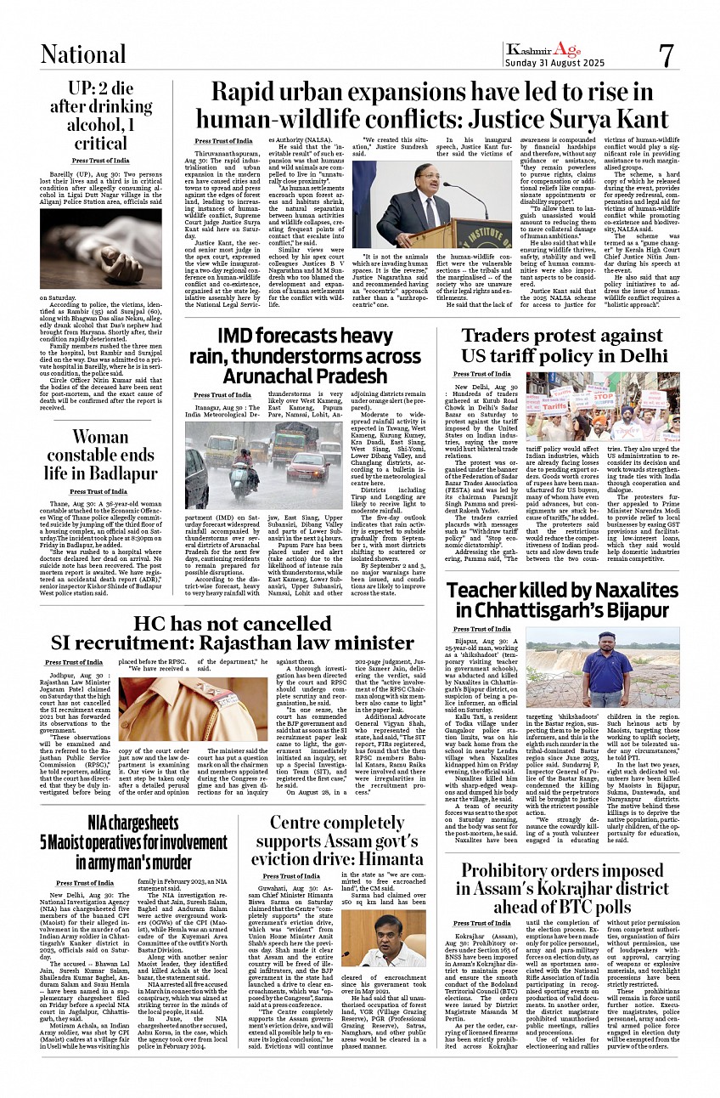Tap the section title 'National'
[x=83, y=54]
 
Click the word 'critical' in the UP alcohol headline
[x=100, y=143]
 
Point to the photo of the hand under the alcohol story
[x=100, y=248]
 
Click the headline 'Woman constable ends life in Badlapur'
[x=100, y=455]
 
